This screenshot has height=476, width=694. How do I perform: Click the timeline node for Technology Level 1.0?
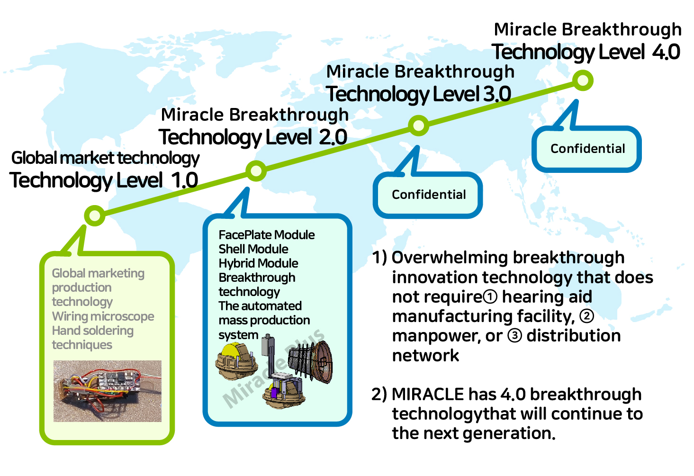94,216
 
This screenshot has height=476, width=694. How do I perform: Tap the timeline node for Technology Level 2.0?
256,171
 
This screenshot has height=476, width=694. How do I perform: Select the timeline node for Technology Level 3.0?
418,126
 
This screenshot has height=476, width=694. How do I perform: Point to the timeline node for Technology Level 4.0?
583,81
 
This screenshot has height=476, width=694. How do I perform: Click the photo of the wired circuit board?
107,391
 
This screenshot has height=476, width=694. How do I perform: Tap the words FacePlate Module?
266,235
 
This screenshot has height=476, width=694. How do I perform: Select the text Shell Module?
253,249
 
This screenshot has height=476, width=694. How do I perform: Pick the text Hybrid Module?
258,263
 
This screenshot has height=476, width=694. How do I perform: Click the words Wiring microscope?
103,316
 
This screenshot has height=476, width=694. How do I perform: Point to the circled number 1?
490,297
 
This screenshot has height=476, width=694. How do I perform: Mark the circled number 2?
586,316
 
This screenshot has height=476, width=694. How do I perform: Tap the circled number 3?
514,336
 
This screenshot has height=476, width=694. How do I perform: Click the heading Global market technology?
105,158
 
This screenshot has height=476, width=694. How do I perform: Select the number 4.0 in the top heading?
666,52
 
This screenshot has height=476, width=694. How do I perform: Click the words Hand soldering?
93,331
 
